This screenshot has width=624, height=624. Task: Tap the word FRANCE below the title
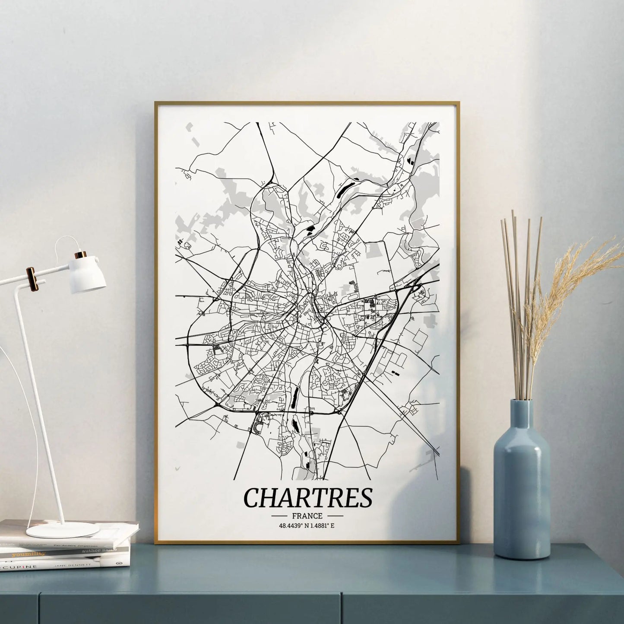(307, 516)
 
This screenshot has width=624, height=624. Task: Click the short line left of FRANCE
(280, 516)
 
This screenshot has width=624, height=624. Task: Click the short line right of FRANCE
(335, 516)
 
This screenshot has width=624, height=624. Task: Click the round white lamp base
(62, 529)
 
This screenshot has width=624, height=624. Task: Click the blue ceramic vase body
(522, 493)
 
